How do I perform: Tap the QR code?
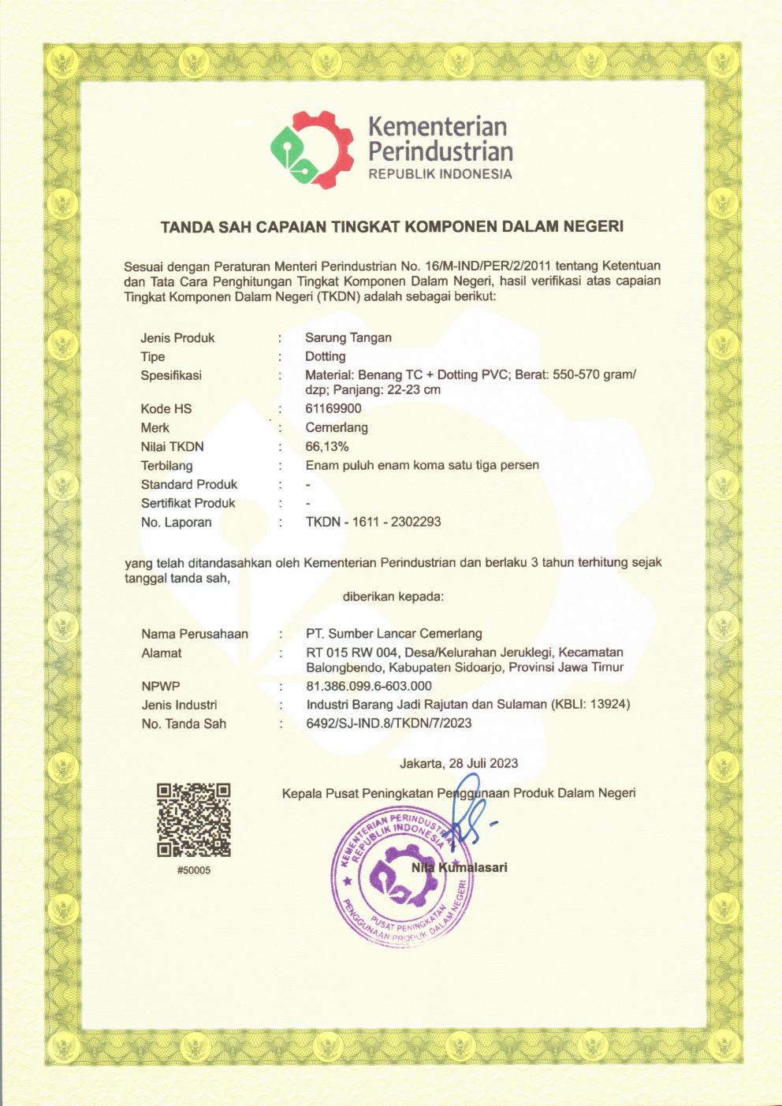[193, 820]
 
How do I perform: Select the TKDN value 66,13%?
[326, 447]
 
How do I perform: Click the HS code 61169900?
[333, 409]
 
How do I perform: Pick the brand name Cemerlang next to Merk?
[336, 428]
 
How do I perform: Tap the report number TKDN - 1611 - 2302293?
[373, 522]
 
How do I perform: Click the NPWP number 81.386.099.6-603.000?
[368, 687]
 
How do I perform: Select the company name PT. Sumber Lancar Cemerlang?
[393, 634]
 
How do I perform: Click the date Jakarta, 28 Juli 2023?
[459, 763]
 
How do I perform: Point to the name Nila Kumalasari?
[460, 868]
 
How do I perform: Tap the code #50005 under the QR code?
[194, 870]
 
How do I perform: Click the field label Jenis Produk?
[177, 338]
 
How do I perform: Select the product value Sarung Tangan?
[348, 338]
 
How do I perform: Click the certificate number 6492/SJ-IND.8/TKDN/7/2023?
[389, 723]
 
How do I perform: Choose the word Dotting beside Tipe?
[325, 357]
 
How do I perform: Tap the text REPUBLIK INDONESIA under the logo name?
[440, 174]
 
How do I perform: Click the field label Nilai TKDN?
[172, 447]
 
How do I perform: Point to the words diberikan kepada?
[393, 597]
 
